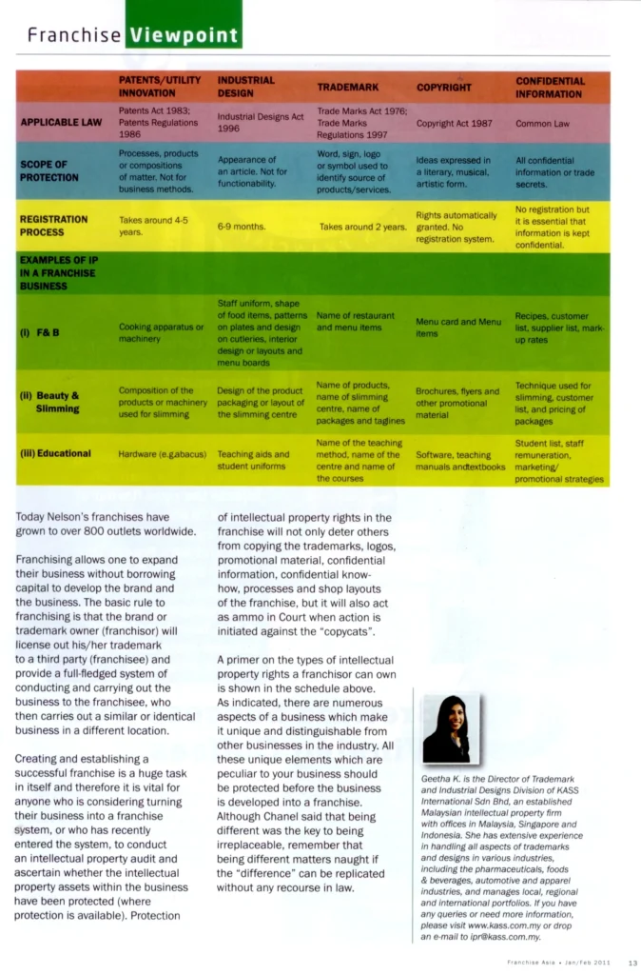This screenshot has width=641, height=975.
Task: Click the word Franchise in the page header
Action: click(x=74, y=36)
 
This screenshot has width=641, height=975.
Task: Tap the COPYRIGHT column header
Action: click(x=443, y=88)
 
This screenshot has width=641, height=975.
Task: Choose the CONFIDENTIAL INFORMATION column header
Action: click(x=550, y=88)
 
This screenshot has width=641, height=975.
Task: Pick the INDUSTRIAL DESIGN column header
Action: click(x=246, y=88)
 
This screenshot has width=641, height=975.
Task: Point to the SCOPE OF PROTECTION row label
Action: click(x=49, y=170)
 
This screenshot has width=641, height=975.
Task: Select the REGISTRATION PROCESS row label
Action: click(x=55, y=225)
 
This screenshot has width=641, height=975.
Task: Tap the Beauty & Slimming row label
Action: click(x=53, y=401)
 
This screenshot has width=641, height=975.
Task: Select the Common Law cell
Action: click(x=542, y=124)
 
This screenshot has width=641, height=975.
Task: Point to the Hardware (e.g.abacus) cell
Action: click(x=163, y=454)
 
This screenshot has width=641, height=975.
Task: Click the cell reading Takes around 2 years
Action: click(x=362, y=228)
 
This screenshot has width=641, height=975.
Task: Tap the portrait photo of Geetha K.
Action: click(x=446, y=727)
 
